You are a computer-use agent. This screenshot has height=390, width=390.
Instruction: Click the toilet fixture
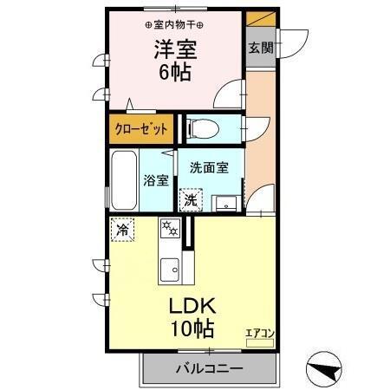(x=201, y=127)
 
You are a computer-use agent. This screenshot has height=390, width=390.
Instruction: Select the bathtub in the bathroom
(x=123, y=179)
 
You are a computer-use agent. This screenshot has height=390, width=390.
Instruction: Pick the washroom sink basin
(x=227, y=203)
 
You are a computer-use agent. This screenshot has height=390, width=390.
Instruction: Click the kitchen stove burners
(x=168, y=230)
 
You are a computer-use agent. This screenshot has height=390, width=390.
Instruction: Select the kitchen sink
(x=169, y=267)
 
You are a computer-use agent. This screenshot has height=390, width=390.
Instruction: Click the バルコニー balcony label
(x=210, y=368)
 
